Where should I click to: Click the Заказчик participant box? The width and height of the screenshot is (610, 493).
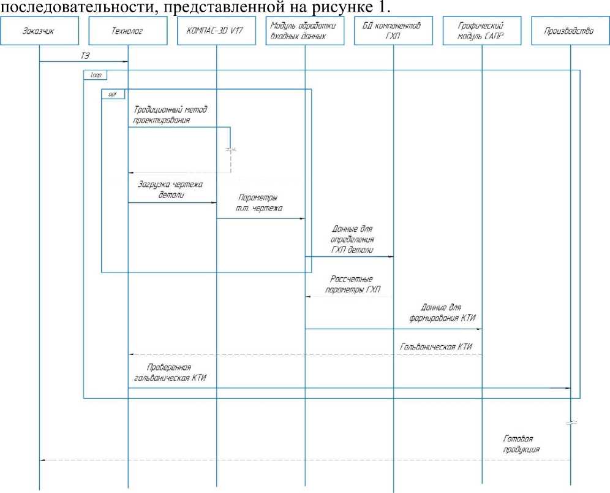tap(40, 32)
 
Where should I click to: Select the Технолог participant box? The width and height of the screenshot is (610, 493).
tap(128, 32)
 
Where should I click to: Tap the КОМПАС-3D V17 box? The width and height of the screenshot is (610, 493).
tap(216, 32)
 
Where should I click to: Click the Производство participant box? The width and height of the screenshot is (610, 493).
tap(570, 32)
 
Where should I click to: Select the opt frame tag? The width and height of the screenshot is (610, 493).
tap(113, 94)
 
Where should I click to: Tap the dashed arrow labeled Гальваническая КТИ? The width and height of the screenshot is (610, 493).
tap(306, 354)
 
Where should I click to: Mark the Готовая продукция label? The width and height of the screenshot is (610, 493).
tap(522, 444)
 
